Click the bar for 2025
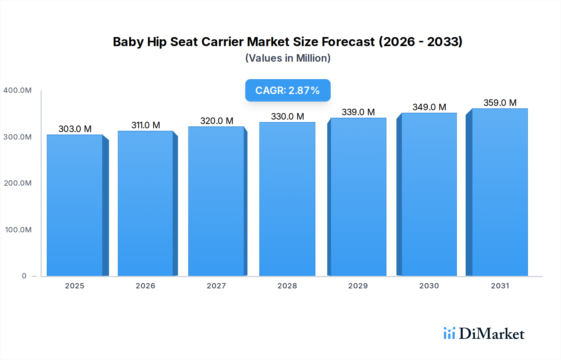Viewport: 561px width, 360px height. pyautogui.click(x=75, y=206)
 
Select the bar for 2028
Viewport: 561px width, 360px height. pyautogui.click(x=287, y=199)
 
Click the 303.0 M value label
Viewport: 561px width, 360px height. pyautogui.click(x=75, y=129)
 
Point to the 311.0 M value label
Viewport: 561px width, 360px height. pyautogui.click(x=146, y=125)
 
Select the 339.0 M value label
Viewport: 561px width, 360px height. pyautogui.click(x=358, y=112)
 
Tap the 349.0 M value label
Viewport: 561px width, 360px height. pyautogui.click(x=429, y=107)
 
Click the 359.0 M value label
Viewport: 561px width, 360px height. pyautogui.click(x=500, y=103)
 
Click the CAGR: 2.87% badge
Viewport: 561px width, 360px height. pyautogui.click(x=288, y=90)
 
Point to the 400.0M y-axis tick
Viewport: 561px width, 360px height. pyautogui.click(x=17, y=90)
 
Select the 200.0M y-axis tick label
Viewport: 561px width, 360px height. pyautogui.click(x=17, y=183)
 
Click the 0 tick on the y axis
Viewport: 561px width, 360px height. pyautogui.click(x=24, y=276)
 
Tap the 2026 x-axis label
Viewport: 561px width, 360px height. pyautogui.click(x=146, y=286)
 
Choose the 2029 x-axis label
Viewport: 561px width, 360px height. pyautogui.click(x=358, y=286)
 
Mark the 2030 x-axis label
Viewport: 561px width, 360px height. pyautogui.click(x=429, y=286)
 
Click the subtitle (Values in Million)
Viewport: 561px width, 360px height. pyautogui.click(x=288, y=58)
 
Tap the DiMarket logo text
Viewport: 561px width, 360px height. pyautogui.click(x=491, y=334)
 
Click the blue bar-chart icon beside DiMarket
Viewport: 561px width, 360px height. pyautogui.click(x=449, y=333)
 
